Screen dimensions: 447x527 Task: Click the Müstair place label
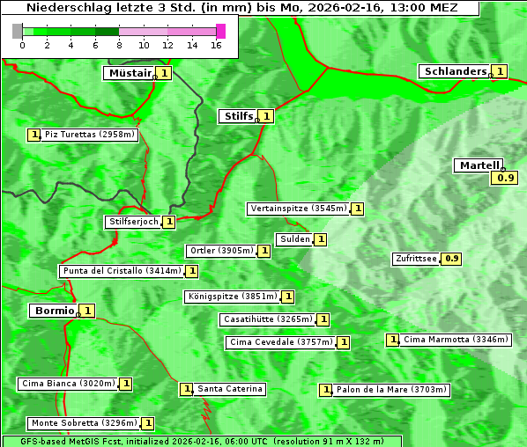coord(129,73)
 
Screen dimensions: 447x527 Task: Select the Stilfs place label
coord(237,115)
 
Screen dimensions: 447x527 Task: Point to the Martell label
coord(479,165)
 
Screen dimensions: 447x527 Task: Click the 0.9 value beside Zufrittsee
coord(452,259)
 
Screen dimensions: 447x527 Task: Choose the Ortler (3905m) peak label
coord(220,251)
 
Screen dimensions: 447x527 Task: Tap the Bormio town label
coord(53,311)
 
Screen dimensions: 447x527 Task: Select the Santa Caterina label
coord(229,389)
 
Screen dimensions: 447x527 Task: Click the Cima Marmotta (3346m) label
coord(456,340)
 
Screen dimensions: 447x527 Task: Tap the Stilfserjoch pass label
coord(133,222)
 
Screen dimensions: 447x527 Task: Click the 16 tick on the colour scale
coord(216,45)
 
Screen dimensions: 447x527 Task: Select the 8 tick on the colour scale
coord(119,45)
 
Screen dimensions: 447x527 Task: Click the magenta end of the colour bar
coord(220,31)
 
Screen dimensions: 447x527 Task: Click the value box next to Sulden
coord(321,239)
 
